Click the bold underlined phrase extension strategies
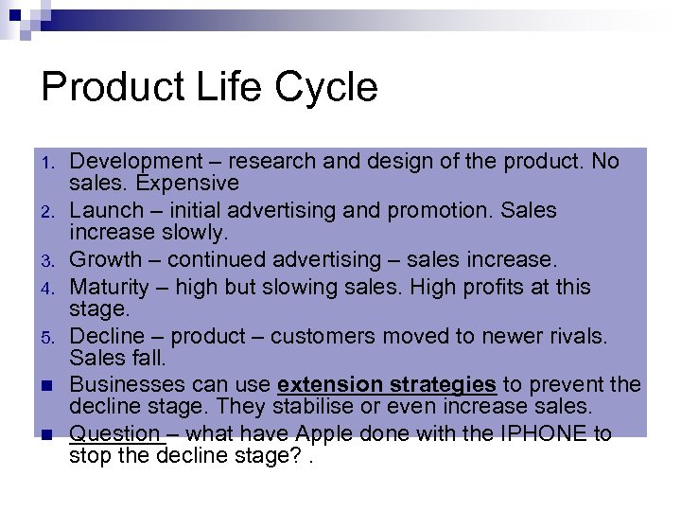click(387, 384)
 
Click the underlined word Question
click(114, 433)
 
